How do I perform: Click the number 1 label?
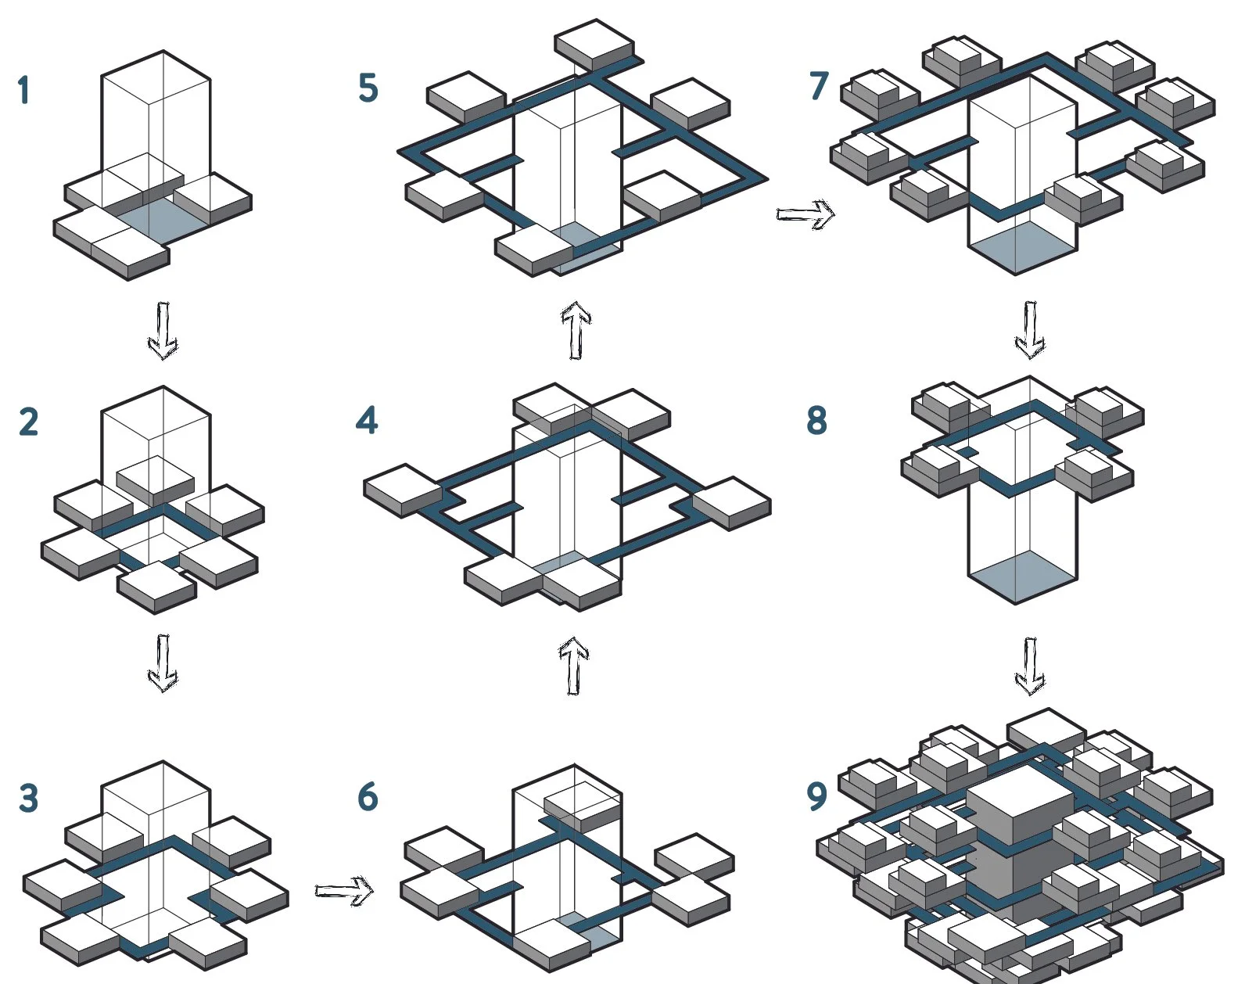click(23, 90)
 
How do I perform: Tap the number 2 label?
click(28, 422)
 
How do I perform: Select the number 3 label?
click(28, 799)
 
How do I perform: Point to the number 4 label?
click(366, 420)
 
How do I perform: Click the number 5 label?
click(368, 88)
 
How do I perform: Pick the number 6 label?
click(368, 796)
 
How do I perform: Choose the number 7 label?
click(819, 85)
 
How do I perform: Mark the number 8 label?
click(816, 420)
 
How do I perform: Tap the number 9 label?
click(816, 796)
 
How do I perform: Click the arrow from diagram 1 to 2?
click(163, 330)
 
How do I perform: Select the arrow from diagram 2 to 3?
click(163, 663)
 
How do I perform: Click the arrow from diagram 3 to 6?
click(344, 890)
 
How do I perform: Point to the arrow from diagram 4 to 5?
click(576, 330)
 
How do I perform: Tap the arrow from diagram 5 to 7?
click(805, 214)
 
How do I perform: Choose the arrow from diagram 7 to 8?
click(1030, 329)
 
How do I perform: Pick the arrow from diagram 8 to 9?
click(1030, 666)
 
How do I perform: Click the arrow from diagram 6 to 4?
click(574, 666)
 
